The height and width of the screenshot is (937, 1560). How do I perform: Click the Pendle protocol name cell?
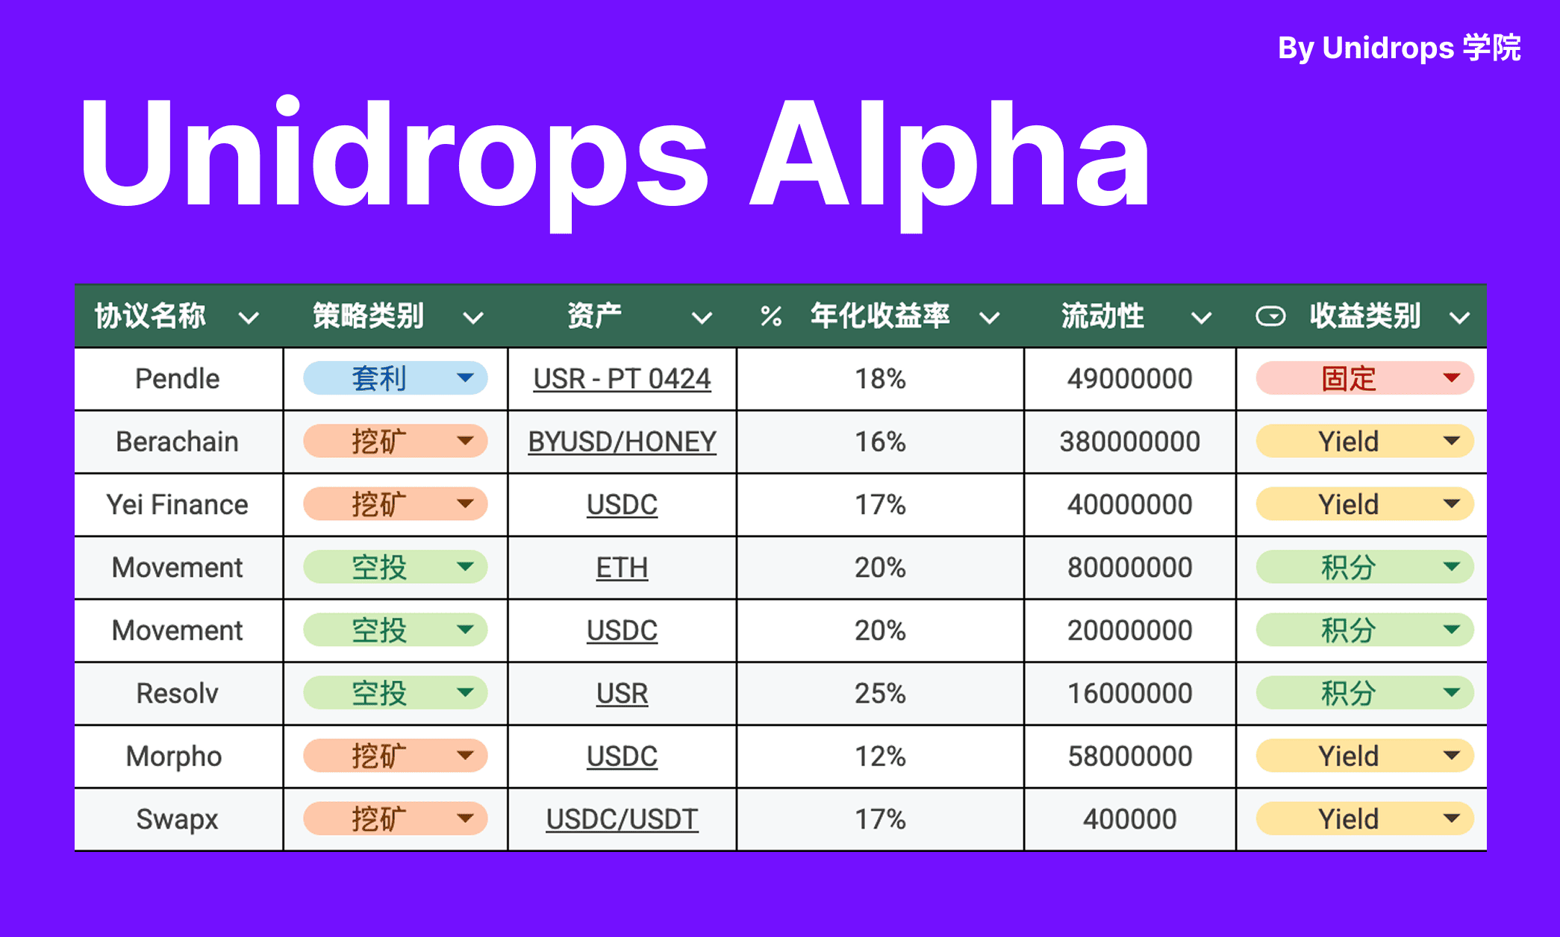click(178, 379)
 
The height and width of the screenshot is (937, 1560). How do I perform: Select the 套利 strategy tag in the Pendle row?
click(380, 379)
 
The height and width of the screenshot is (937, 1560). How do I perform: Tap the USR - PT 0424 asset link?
click(622, 379)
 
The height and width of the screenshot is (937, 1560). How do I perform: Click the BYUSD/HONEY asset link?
click(622, 442)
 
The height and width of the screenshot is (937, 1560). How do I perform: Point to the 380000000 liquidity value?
click(1129, 442)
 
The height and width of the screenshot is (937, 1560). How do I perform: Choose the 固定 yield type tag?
click(1349, 379)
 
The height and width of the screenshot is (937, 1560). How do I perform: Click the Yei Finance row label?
click(178, 505)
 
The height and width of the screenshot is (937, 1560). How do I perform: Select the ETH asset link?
click(622, 568)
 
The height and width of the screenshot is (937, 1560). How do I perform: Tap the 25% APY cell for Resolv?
click(880, 694)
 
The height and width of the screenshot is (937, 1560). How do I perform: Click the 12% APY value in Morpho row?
click(880, 756)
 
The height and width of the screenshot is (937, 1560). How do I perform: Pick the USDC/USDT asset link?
click(622, 819)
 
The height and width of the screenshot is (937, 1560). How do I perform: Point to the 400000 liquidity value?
click(1129, 819)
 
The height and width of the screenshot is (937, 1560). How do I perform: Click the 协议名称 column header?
click(150, 316)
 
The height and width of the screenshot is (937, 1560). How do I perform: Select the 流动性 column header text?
click(1102, 316)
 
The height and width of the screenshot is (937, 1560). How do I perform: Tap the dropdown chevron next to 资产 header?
click(702, 319)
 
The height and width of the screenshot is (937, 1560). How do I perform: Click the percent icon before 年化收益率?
click(771, 317)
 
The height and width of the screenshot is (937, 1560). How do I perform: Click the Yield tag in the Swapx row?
click(1349, 819)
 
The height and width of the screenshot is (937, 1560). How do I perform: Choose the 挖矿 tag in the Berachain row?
click(380, 442)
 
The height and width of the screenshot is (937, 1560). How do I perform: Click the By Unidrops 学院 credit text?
click(1399, 48)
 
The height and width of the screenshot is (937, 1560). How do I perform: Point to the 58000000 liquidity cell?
click(1129, 756)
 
